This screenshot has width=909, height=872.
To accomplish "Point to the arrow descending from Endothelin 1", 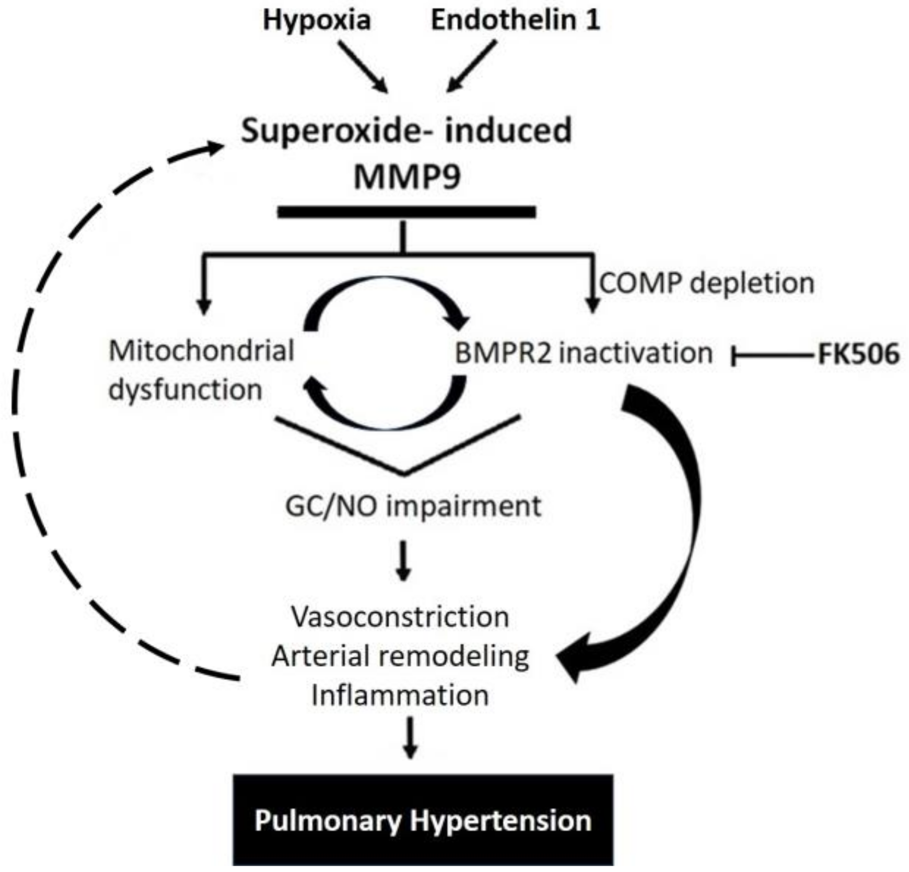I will pyautogui.click(x=472, y=66).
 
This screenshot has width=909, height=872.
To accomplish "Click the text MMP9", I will pyautogui.click(x=407, y=177).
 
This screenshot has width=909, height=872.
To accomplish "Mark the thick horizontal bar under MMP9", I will pyautogui.click(x=407, y=212).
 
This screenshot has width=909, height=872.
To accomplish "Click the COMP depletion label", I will pyautogui.click(x=707, y=283).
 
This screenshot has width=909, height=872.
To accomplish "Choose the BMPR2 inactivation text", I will pyautogui.click(x=584, y=353).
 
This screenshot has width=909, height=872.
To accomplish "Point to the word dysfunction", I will pyautogui.click(x=186, y=390).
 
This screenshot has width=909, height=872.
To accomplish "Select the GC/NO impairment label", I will pyautogui.click(x=413, y=506).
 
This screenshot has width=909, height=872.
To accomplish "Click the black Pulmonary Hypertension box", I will pyautogui.click(x=423, y=821).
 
